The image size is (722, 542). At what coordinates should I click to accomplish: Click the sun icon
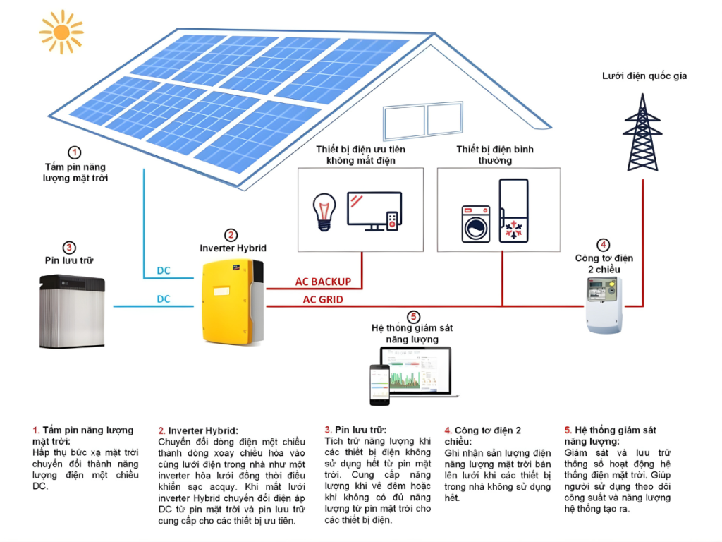click(x=61, y=32)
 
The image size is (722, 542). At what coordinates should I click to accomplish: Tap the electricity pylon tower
click(x=642, y=134)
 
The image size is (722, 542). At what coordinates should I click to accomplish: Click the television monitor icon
click(x=374, y=210)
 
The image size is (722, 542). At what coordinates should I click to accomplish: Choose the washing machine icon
click(x=476, y=224)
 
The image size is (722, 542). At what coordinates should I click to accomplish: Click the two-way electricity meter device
click(x=604, y=304)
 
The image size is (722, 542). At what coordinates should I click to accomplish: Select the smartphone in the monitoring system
click(x=379, y=385)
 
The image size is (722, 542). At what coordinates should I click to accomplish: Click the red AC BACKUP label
click(x=323, y=282)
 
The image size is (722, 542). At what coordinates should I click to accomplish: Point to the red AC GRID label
click(x=324, y=299)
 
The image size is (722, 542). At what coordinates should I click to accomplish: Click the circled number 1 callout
click(x=75, y=152)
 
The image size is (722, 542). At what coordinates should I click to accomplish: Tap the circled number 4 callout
click(x=603, y=245)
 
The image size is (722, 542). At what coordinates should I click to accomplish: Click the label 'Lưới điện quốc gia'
click(x=644, y=76)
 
